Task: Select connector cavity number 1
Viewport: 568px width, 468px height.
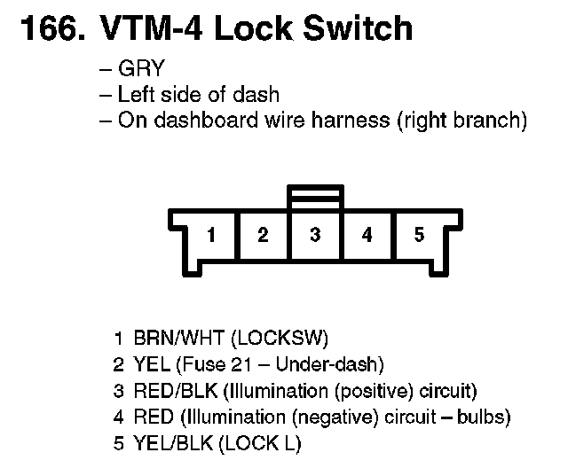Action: point(211,235)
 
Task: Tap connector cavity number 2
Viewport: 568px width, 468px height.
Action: point(264,235)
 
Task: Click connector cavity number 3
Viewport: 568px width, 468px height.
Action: point(315,235)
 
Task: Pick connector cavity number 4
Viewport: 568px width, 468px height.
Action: point(367,235)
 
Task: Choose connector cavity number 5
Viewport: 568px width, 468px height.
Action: point(419,235)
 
